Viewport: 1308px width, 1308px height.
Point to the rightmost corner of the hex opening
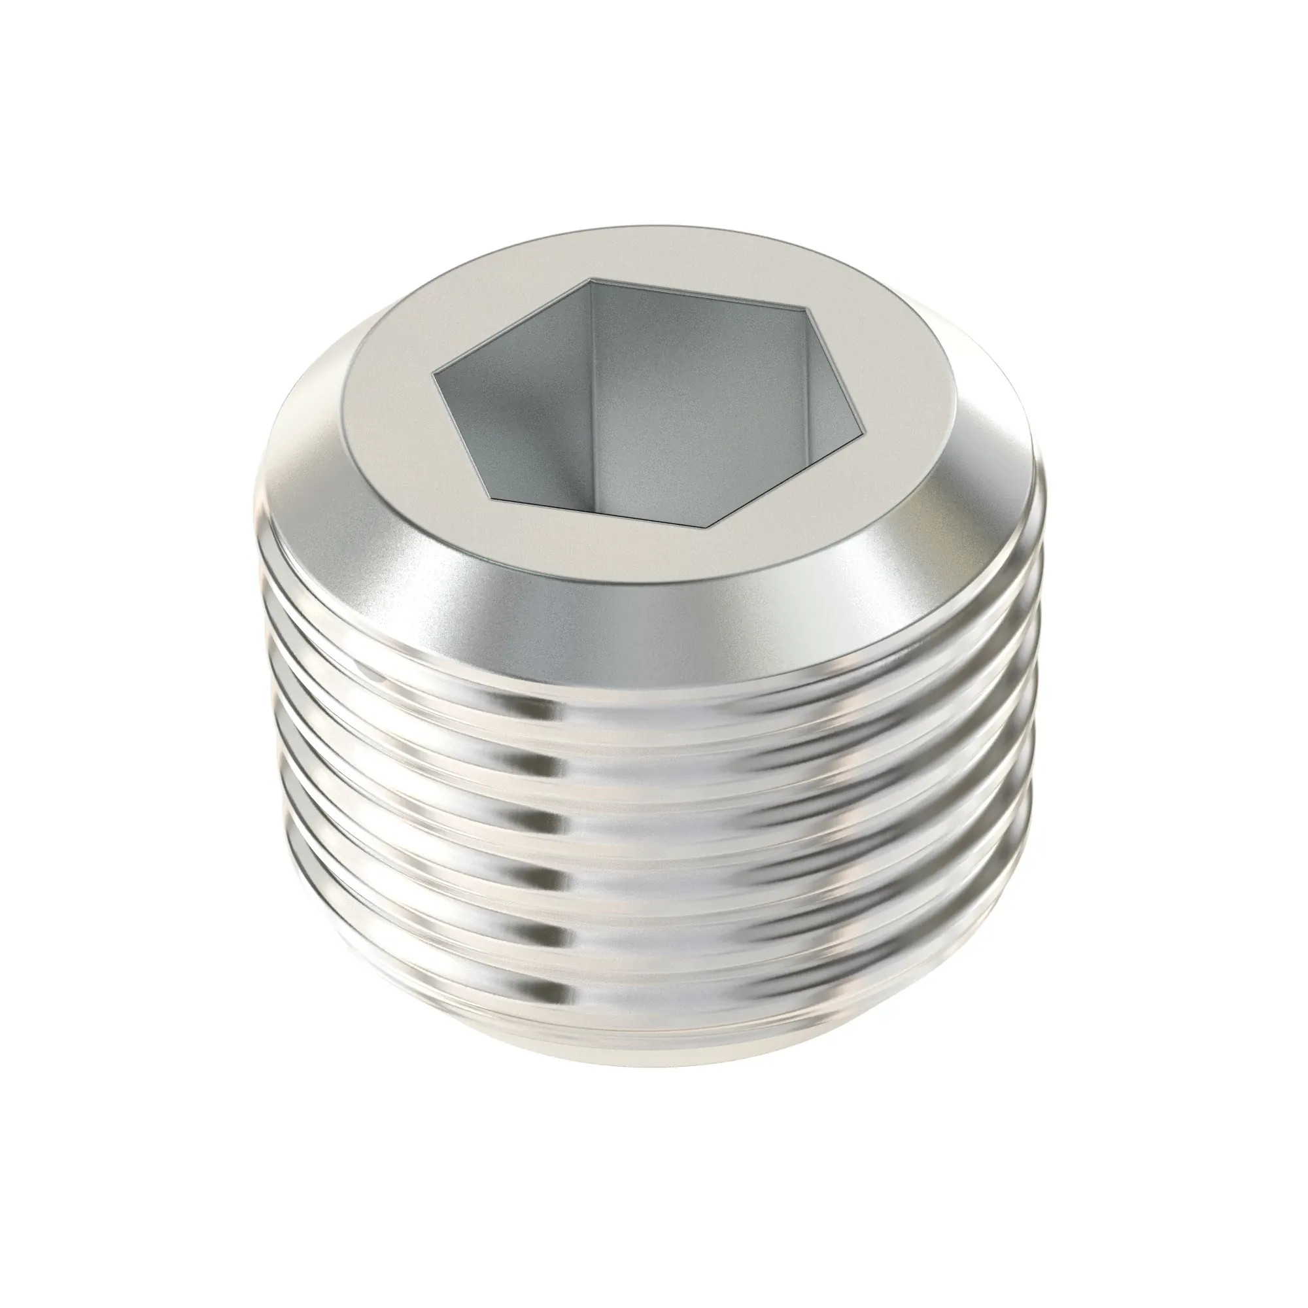pos(865,430)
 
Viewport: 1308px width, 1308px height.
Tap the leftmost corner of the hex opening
pos(434,371)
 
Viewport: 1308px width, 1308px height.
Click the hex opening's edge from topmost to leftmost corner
pos(512,325)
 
